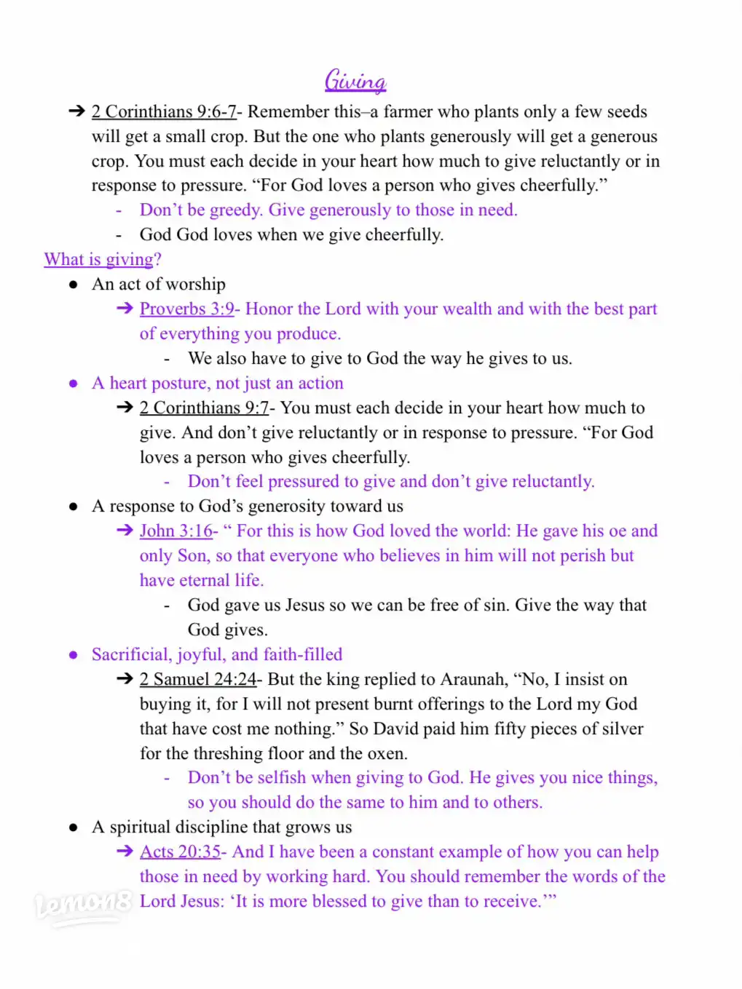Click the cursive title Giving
[x=355, y=81]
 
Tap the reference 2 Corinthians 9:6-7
[x=164, y=112]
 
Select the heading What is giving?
[x=102, y=260]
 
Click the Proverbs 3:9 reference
[x=186, y=309]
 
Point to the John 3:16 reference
[x=176, y=531]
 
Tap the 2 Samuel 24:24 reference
[x=197, y=680]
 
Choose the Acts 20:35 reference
[x=180, y=852]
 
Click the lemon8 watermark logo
[x=82, y=905]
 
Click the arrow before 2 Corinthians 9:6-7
[x=76, y=111]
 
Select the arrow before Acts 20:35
[x=125, y=851]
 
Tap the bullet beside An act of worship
[x=74, y=285]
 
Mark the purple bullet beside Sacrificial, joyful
[x=74, y=655]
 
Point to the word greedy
[x=235, y=210]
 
